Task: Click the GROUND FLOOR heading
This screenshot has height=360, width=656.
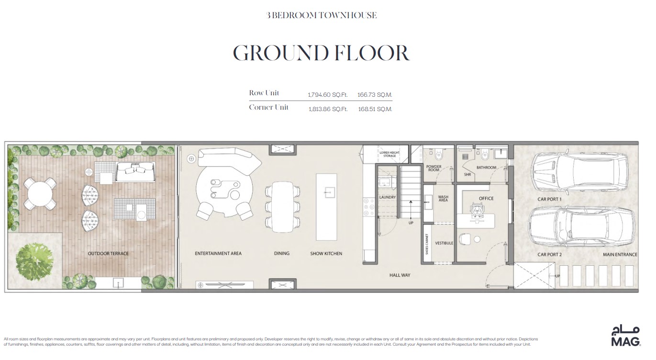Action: pos(321,53)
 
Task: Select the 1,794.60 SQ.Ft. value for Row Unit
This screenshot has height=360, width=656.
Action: pos(327,95)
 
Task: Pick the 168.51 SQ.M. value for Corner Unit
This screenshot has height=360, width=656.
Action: pos(375,109)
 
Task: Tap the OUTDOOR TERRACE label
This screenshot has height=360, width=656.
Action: pos(108,253)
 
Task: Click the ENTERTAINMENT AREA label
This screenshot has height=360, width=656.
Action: pos(218,253)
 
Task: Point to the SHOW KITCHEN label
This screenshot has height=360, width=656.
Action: pos(326,253)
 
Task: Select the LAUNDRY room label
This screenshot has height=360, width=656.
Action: pos(387,197)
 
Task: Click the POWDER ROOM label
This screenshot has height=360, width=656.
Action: pos(434,169)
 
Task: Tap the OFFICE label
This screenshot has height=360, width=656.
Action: pos(486,198)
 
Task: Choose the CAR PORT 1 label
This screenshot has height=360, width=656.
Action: pos(549,199)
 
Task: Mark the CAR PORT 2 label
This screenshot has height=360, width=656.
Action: pos(549,255)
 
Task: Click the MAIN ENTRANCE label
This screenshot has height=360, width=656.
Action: pos(620,255)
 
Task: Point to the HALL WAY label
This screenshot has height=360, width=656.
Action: pos(400,275)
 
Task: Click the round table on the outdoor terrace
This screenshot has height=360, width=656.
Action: pos(40,194)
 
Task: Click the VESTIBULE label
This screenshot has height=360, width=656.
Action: pos(444,243)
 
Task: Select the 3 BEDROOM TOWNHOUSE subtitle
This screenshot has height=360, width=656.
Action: pos(321,15)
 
